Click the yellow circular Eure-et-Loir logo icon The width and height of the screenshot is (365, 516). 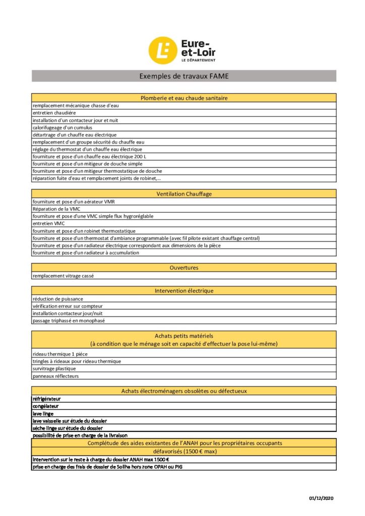tap(162, 50)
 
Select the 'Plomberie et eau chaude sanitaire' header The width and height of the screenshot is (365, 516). tap(184, 98)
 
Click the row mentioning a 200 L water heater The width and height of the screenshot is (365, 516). tap(89, 157)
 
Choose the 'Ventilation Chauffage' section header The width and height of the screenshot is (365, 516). tap(184, 193)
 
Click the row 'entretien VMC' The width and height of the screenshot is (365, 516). tap(48, 223)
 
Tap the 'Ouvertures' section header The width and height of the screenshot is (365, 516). tap(184, 268)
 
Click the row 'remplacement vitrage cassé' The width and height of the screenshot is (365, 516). tap(63, 276)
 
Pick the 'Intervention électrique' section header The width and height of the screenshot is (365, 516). tap(184, 291)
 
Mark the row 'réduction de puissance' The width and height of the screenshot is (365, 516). tap(57, 299)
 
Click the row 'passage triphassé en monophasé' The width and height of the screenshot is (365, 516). tap(69, 320)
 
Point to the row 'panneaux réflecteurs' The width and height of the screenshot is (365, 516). tap(55, 376)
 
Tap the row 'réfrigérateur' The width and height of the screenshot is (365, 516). tap(46, 399)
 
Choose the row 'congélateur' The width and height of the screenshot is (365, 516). tap(45, 406)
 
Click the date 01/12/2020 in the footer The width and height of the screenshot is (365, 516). tap(321, 498)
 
